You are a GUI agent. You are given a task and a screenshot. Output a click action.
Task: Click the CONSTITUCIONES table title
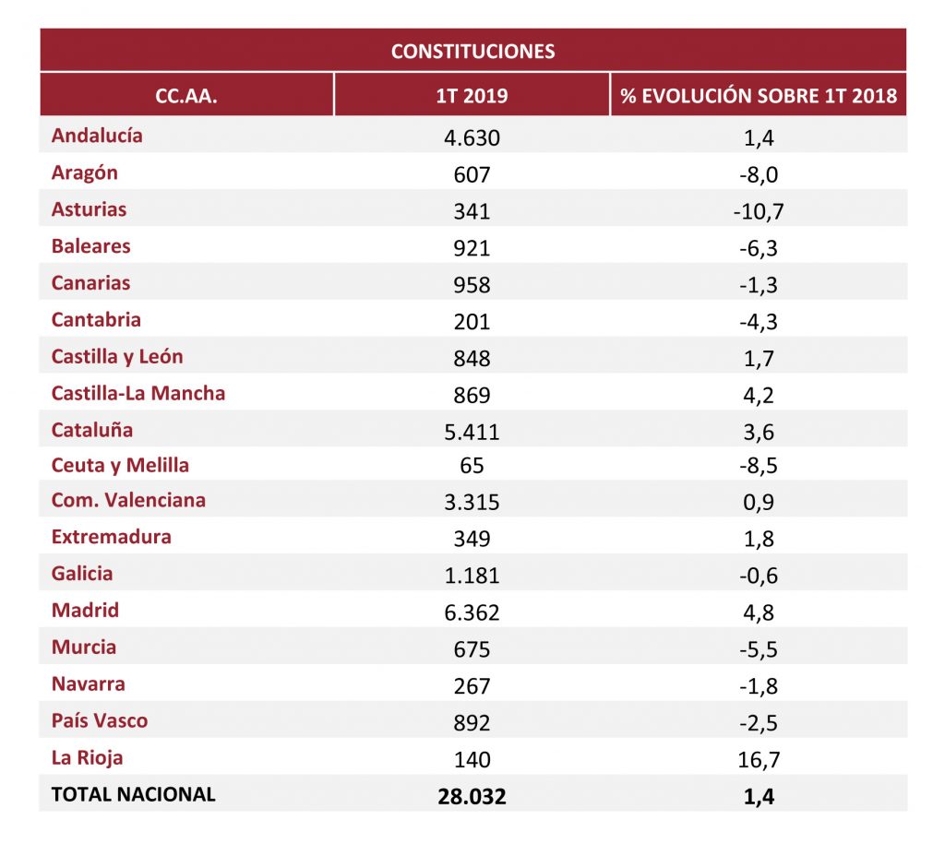pyautogui.click(x=473, y=52)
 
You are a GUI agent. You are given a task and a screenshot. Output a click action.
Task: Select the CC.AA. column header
pyautogui.click(x=186, y=96)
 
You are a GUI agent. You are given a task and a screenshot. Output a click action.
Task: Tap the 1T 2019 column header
pyautogui.click(x=472, y=96)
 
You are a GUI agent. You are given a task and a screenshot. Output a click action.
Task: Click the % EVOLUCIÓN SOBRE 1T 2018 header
pyautogui.click(x=759, y=96)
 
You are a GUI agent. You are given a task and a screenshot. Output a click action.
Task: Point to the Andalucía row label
pyautogui.click(x=97, y=136)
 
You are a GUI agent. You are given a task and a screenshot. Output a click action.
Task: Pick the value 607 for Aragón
pyautogui.click(x=472, y=174)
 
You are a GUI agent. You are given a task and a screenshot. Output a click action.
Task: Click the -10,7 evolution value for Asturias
pyautogui.click(x=759, y=211)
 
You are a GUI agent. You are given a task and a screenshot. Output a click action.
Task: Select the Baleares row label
pyautogui.click(x=91, y=245)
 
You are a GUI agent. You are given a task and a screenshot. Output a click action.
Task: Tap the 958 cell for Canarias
pyautogui.click(x=472, y=285)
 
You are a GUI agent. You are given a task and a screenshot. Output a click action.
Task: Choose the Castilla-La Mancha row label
pyautogui.click(x=138, y=393)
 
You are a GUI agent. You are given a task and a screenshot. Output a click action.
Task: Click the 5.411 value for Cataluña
pyautogui.click(x=472, y=432)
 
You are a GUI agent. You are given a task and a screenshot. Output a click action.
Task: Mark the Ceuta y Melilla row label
pyautogui.click(x=121, y=466)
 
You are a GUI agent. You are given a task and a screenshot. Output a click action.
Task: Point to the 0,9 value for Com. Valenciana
pyautogui.click(x=759, y=502)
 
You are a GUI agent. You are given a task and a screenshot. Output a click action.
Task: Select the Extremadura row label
pyautogui.click(x=112, y=537)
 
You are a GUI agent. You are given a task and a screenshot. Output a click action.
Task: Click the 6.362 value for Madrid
pyautogui.click(x=472, y=612)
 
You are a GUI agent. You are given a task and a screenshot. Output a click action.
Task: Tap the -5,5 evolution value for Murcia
pyautogui.click(x=759, y=649)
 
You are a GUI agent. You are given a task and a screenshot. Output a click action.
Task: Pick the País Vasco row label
pyautogui.click(x=100, y=720)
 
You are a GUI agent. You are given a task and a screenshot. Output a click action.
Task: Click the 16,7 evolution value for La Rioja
pyautogui.click(x=759, y=760)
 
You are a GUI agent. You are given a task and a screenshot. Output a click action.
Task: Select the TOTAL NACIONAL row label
pyautogui.click(x=134, y=794)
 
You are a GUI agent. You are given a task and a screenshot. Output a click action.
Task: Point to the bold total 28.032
pyautogui.click(x=472, y=796)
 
